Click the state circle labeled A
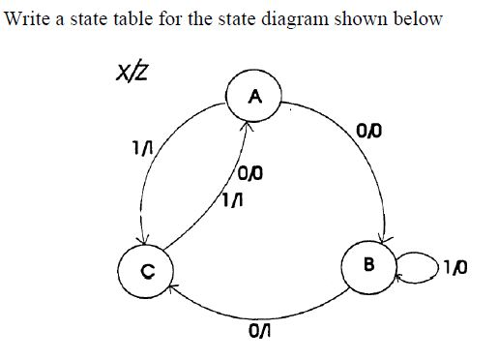(x=254, y=96)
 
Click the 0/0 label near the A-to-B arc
(x=367, y=130)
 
